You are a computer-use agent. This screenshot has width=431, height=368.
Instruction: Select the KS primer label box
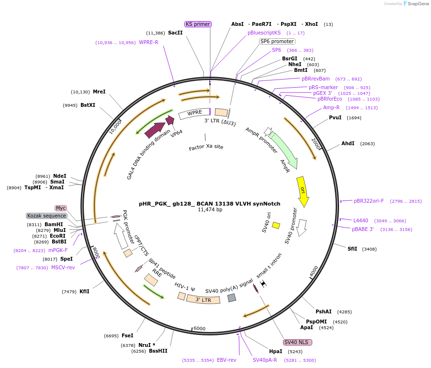tap(198, 24)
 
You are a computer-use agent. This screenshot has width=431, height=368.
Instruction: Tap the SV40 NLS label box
tap(297, 342)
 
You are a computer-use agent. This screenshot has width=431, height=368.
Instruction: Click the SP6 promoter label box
tap(277, 41)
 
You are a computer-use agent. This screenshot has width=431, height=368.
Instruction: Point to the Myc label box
tap(61, 208)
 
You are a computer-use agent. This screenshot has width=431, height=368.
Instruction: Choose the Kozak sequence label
tap(46, 216)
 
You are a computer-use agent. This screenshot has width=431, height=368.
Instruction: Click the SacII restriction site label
tap(175, 33)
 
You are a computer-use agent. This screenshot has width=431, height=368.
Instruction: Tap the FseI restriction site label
tap(127, 335)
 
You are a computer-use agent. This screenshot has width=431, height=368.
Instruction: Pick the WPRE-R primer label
tap(148, 42)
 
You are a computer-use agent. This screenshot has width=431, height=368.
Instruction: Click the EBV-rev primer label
tap(227, 360)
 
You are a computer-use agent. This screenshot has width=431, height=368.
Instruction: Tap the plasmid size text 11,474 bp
tap(210, 210)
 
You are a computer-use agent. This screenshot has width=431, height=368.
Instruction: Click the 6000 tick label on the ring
tap(200, 328)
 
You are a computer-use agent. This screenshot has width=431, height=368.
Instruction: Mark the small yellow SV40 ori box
tap(276, 225)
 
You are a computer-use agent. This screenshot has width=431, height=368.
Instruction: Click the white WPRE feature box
tap(194, 113)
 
